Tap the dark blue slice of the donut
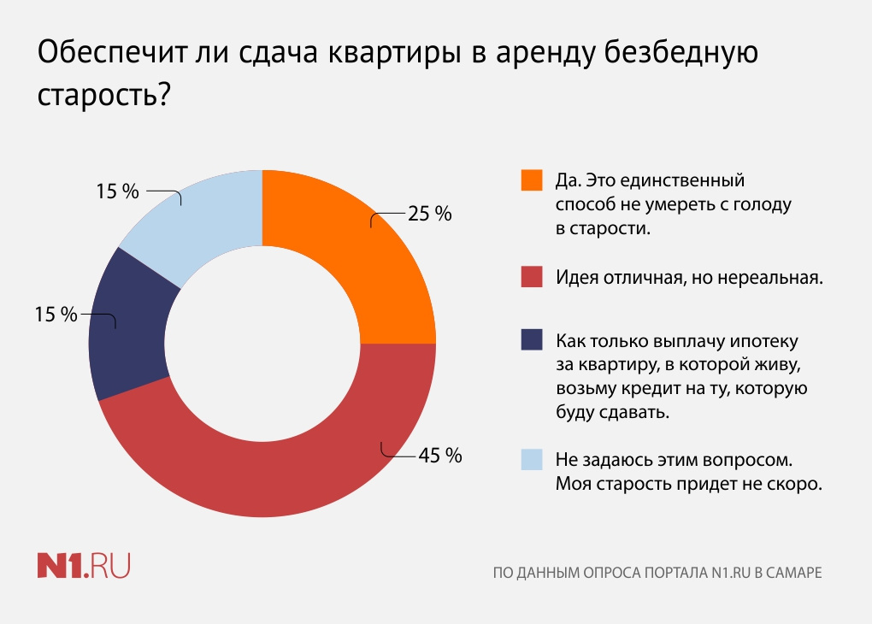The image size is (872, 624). click(128, 325)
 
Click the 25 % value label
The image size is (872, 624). click(429, 215)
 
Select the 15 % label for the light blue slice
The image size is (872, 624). click(117, 191)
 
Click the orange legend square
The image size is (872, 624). click(532, 181)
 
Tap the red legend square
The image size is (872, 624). click(532, 279)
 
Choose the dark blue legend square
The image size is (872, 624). click(532, 340)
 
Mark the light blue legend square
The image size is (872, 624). click(532, 460)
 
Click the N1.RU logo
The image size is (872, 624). click(83, 566)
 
